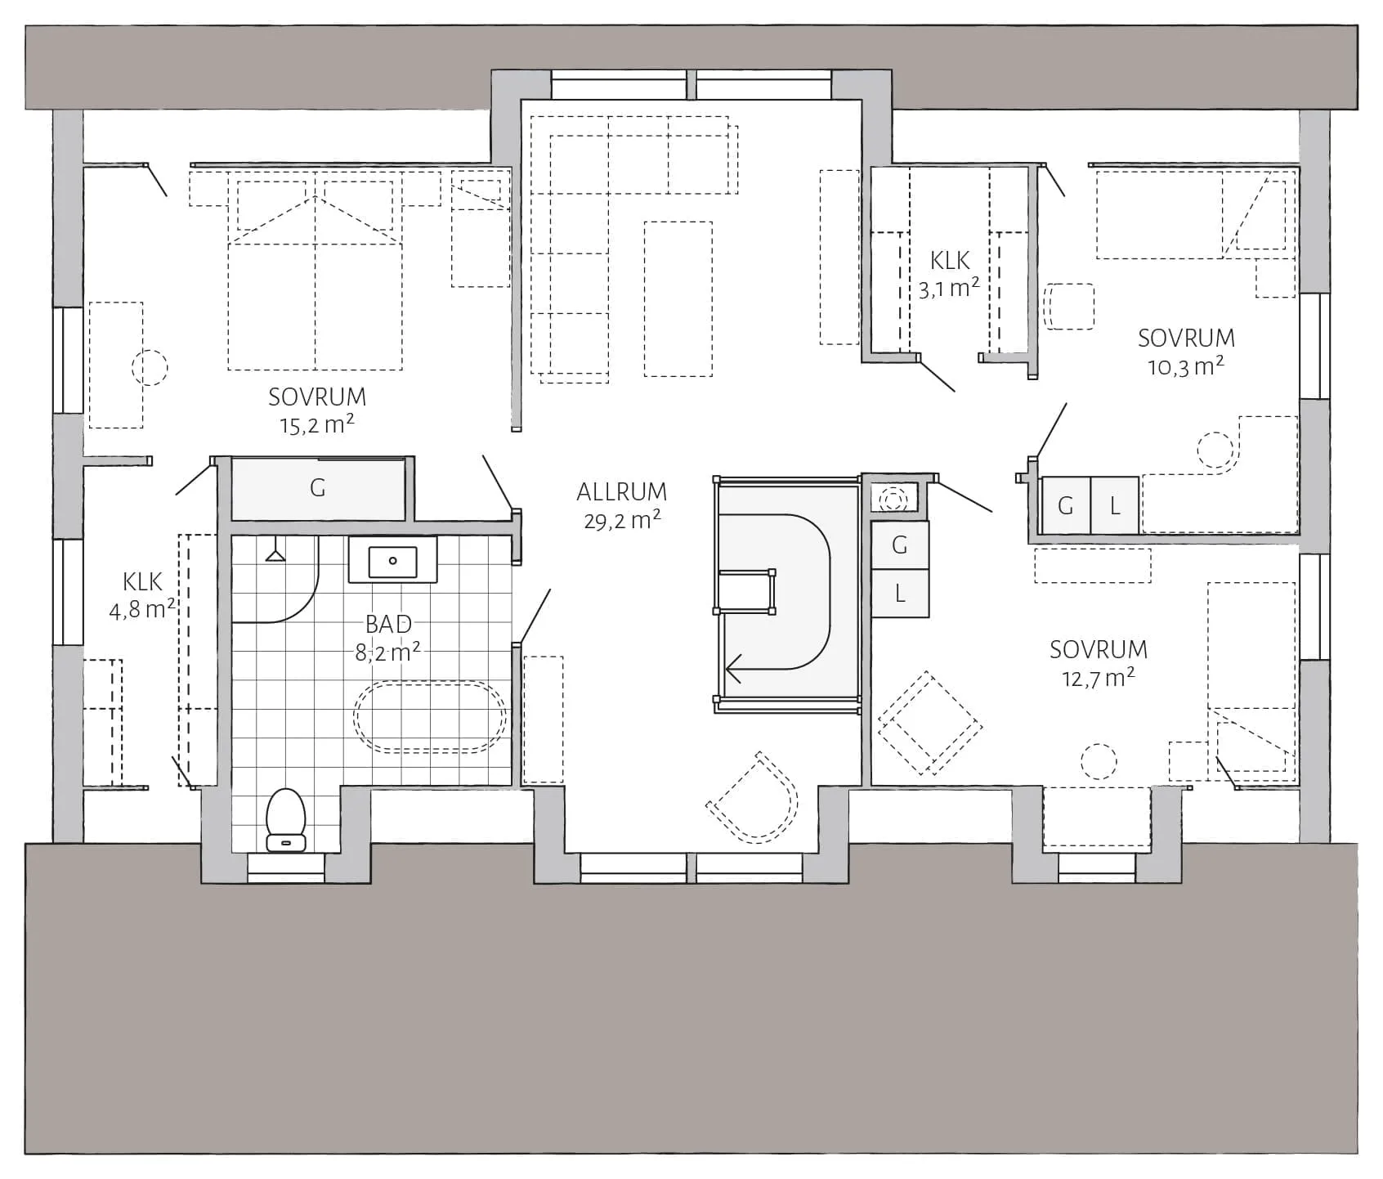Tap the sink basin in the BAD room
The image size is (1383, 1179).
(393, 561)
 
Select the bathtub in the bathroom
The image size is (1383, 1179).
(430, 715)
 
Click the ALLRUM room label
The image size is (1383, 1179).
(621, 492)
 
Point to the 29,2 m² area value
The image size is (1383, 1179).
(622, 520)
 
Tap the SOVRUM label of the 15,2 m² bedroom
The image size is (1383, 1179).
(317, 397)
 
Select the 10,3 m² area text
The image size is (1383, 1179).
(1186, 366)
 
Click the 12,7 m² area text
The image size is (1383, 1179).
(1099, 678)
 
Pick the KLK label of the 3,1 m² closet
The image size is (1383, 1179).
(950, 261)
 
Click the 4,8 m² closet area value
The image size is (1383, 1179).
(142, 609)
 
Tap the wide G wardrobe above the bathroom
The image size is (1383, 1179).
(318, 489)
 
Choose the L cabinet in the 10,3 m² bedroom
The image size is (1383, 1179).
(1114, 506)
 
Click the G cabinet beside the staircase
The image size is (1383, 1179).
(900, 545)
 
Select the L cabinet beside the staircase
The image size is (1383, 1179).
(900, 594)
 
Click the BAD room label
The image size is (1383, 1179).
(388, 624)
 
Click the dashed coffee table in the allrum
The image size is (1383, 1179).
(678, 299)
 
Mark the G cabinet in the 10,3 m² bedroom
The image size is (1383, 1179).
(1066, 506)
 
